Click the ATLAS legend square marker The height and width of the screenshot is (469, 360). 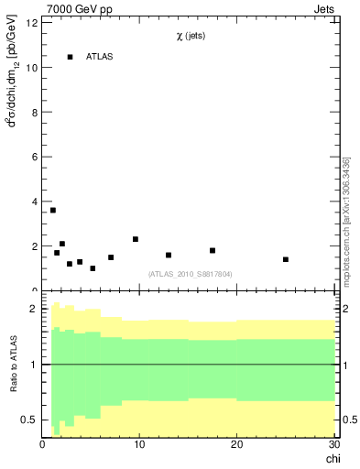[70, 57]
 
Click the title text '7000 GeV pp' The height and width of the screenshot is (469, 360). [75, 9]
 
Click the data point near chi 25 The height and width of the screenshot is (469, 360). [286, 259]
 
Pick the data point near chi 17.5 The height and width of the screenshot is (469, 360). [213, 250]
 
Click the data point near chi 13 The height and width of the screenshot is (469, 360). [169, 255]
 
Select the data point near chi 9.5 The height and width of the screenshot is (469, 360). [136, 239]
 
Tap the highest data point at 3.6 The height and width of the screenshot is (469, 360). [53, 211]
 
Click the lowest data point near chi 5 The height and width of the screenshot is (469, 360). [93, 268]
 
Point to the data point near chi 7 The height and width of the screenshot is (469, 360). [111, 257]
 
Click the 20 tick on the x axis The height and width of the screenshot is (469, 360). [236, 444]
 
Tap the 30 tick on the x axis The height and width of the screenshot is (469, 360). [333, 444]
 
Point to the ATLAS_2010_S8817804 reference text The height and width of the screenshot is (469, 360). [190, 273]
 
